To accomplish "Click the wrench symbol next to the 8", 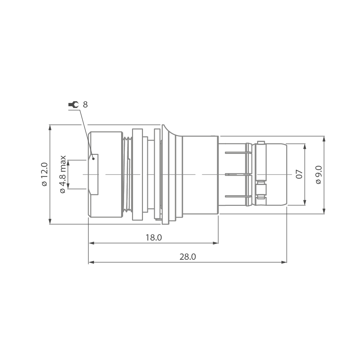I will (x=73, y=105).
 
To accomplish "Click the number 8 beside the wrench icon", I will (x=85, y=105).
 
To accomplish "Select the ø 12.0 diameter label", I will (x=44, y=174).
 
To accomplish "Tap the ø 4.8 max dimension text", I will (x=63, y=174).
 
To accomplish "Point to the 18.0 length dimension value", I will (x=154, y=238).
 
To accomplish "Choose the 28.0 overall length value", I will (x=188, y=257).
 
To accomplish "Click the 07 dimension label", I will (x=299, y=174).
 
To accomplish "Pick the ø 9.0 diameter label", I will (x=319, y=174).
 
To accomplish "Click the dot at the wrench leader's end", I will (x=94, y=159).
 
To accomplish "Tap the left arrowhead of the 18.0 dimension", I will (x=91, y=243).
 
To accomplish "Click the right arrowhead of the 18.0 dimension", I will (x=216, y=243).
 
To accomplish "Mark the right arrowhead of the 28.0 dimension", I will (x=284, y=262).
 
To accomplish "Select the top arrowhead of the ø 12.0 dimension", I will (x=50, y=127).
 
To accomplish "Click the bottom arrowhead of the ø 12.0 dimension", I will (x=50, y=222).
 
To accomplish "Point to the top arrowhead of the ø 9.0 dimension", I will (x=324, y=138).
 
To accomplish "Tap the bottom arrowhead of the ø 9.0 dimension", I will (x=324, y=211).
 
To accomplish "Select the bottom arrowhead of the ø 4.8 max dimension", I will (x=68, y=186).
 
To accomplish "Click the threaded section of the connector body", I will (x=126, y=174).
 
